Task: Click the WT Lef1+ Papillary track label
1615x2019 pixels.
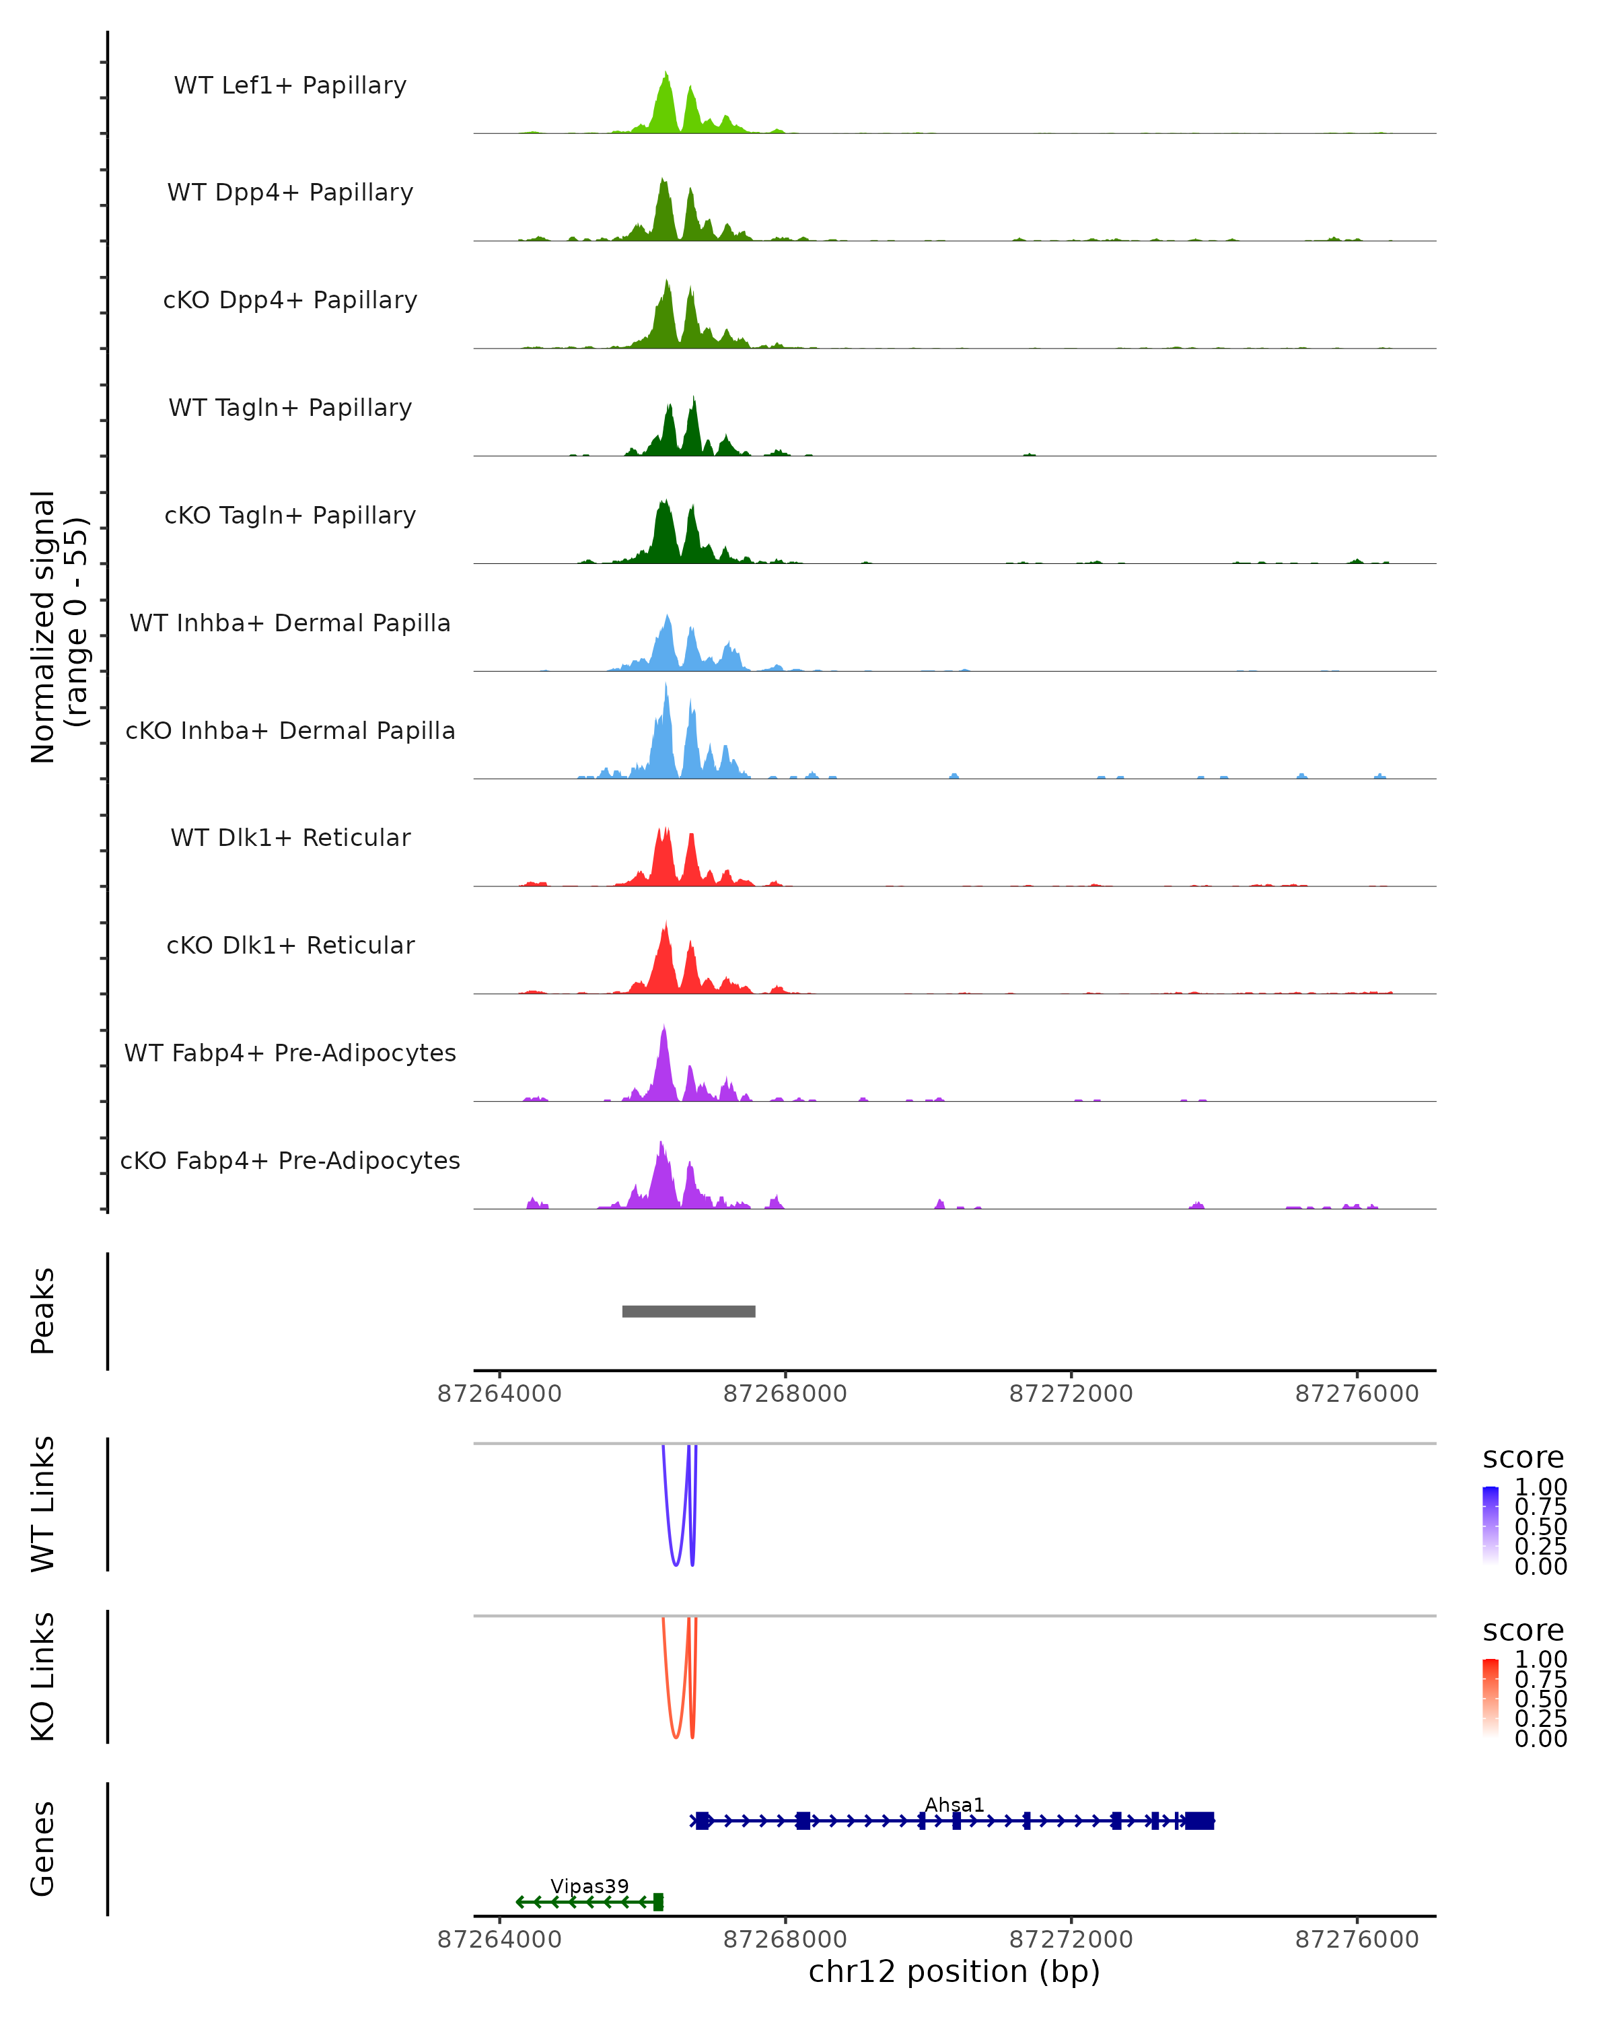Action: pos(290,85)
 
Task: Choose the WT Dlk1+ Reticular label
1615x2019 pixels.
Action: pos(290,837)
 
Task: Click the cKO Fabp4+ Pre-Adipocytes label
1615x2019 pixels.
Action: pos(290,1160)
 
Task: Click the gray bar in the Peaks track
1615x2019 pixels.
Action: pos(688,1311)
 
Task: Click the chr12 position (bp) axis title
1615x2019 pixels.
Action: pos(954,1971)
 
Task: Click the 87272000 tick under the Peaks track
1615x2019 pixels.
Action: pos(1071,1394)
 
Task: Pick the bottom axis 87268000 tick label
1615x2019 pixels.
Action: pos(785,1940)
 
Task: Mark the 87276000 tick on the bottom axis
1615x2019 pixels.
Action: pos(1357,1940)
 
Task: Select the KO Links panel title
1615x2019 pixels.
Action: pos(43,1676)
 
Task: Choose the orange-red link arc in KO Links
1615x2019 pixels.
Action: pos(675,1736)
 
